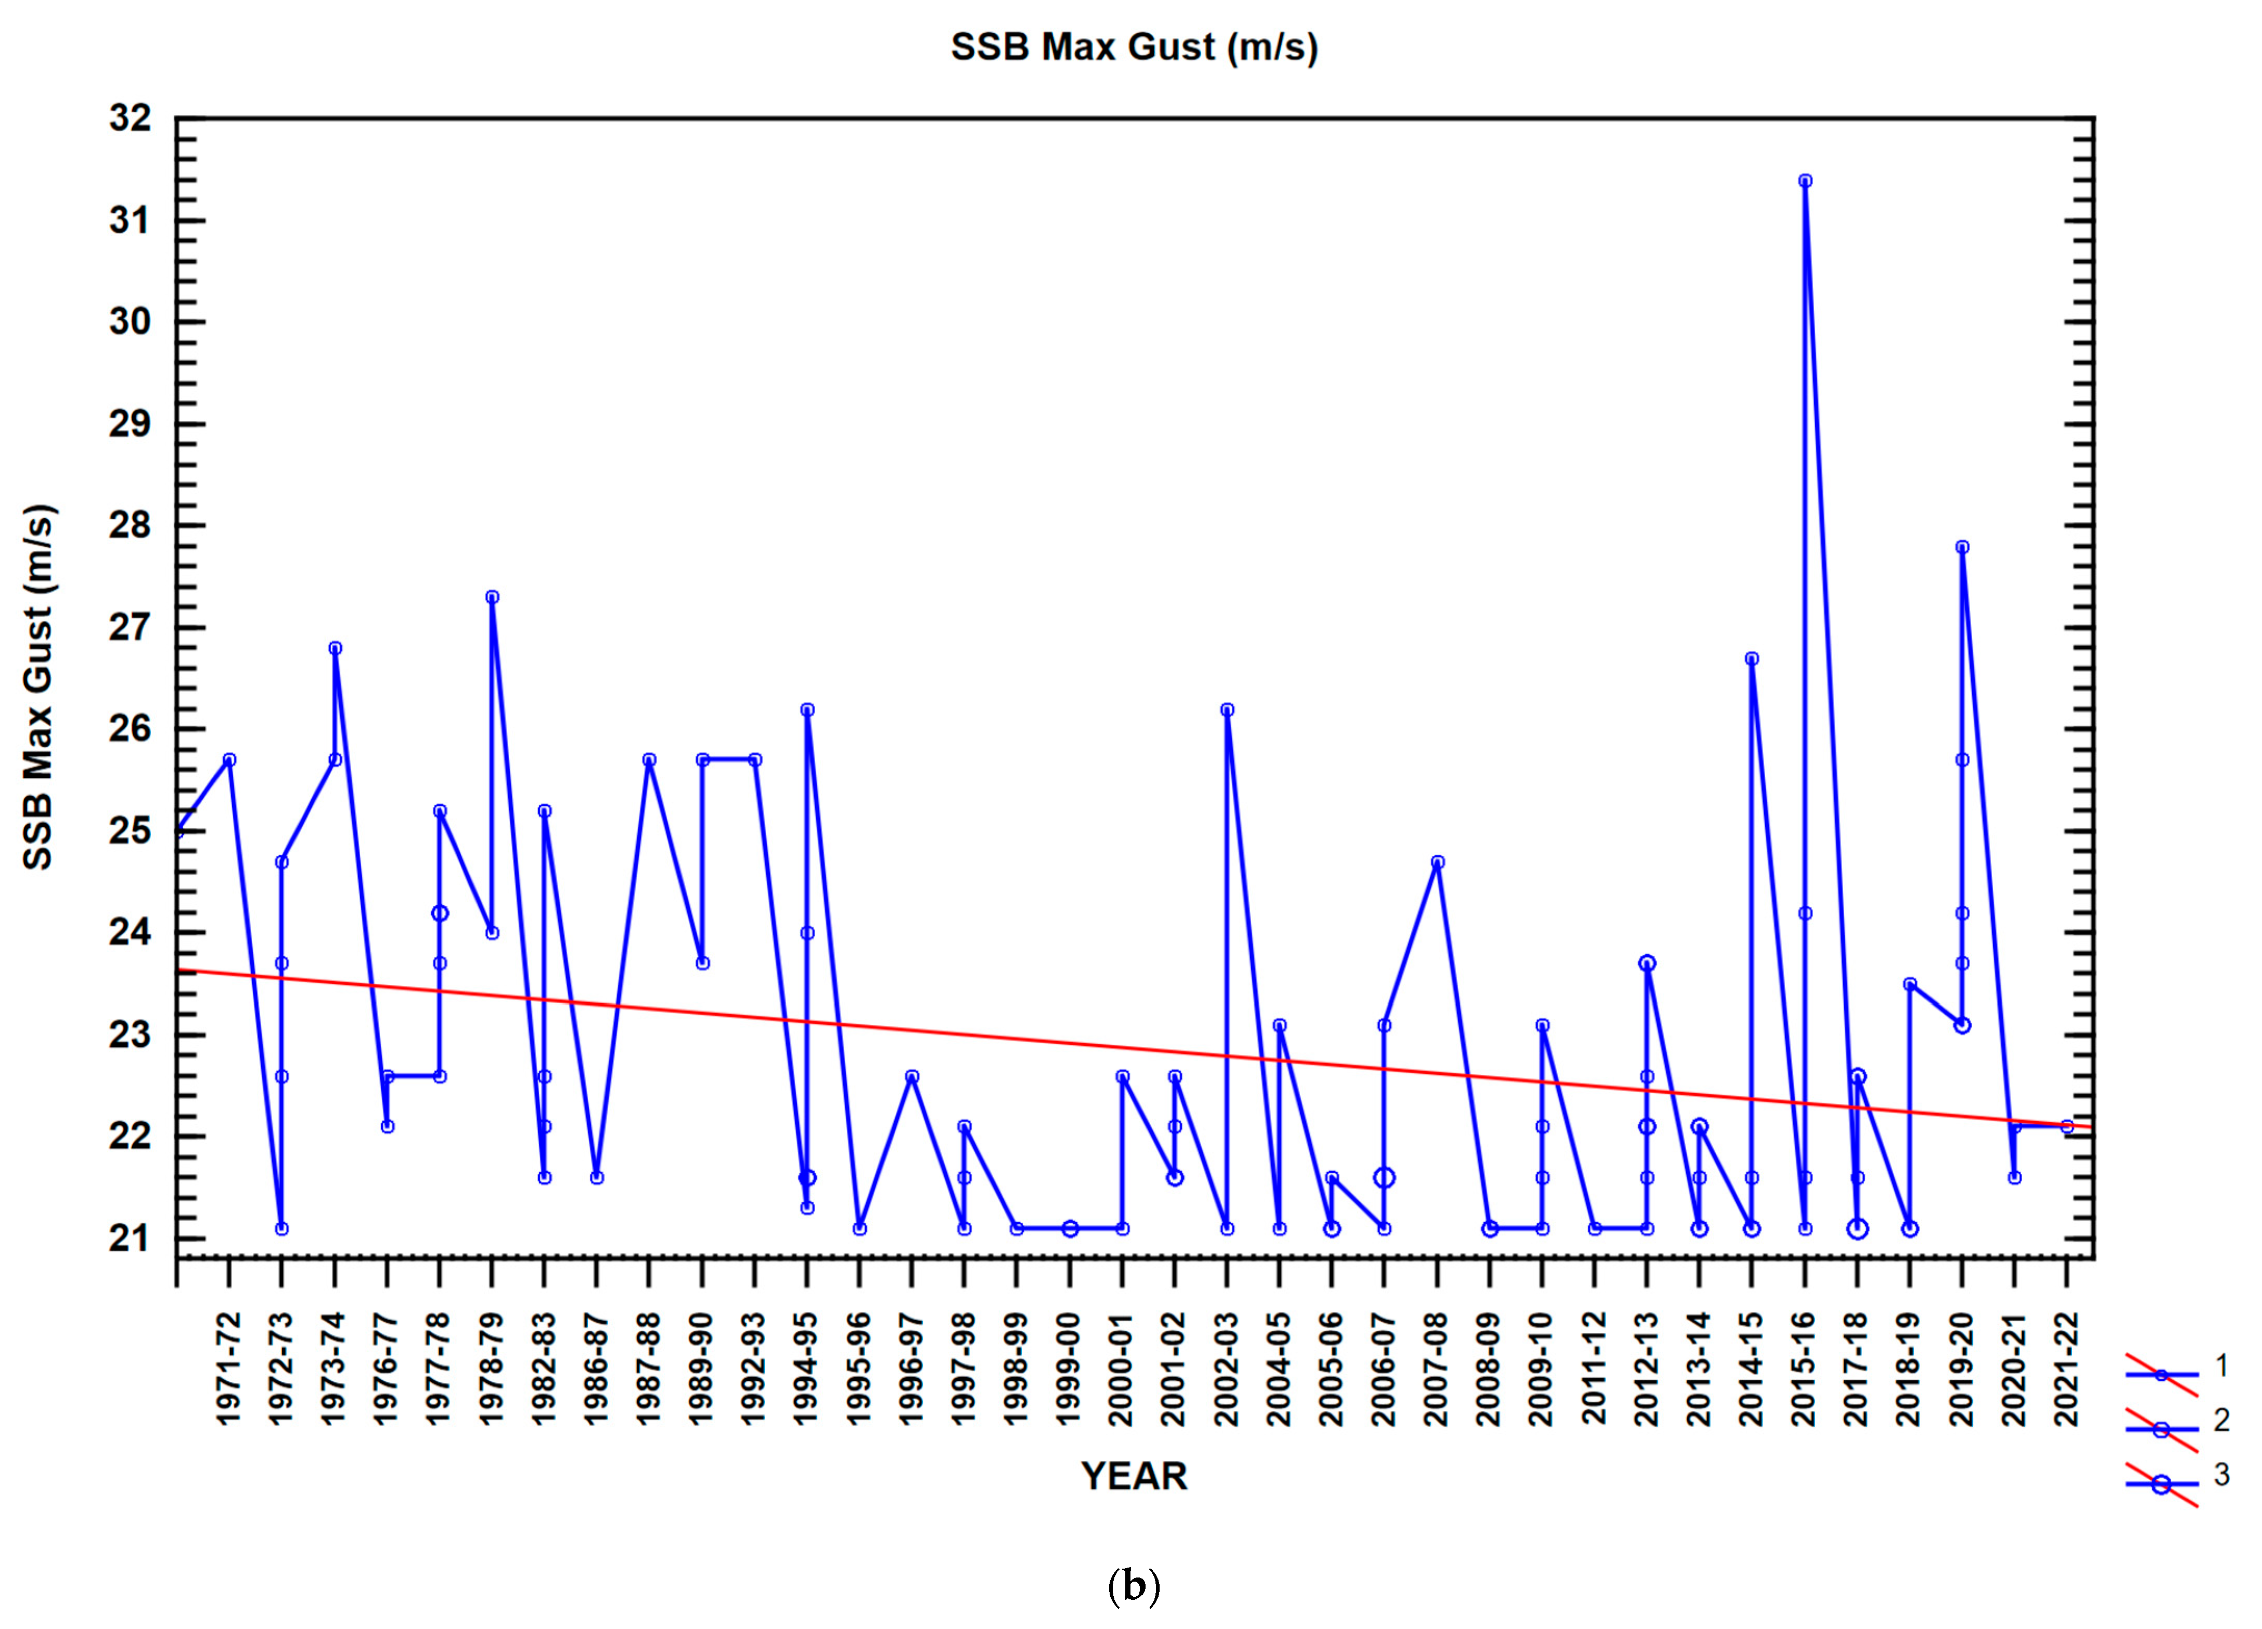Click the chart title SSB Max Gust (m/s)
(1134, 47)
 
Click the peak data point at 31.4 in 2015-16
(1804, 181)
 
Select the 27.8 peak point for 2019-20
(1962, 547)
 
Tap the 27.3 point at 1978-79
(492, 597)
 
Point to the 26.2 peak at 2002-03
(1227, 709)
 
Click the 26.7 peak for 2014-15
(1751, 658)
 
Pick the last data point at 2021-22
(2066, 1126)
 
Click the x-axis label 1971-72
(228, 1369)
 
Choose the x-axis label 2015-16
(1804, 1369)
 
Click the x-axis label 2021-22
(2066, 1369)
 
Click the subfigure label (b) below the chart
(1134, 1586)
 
